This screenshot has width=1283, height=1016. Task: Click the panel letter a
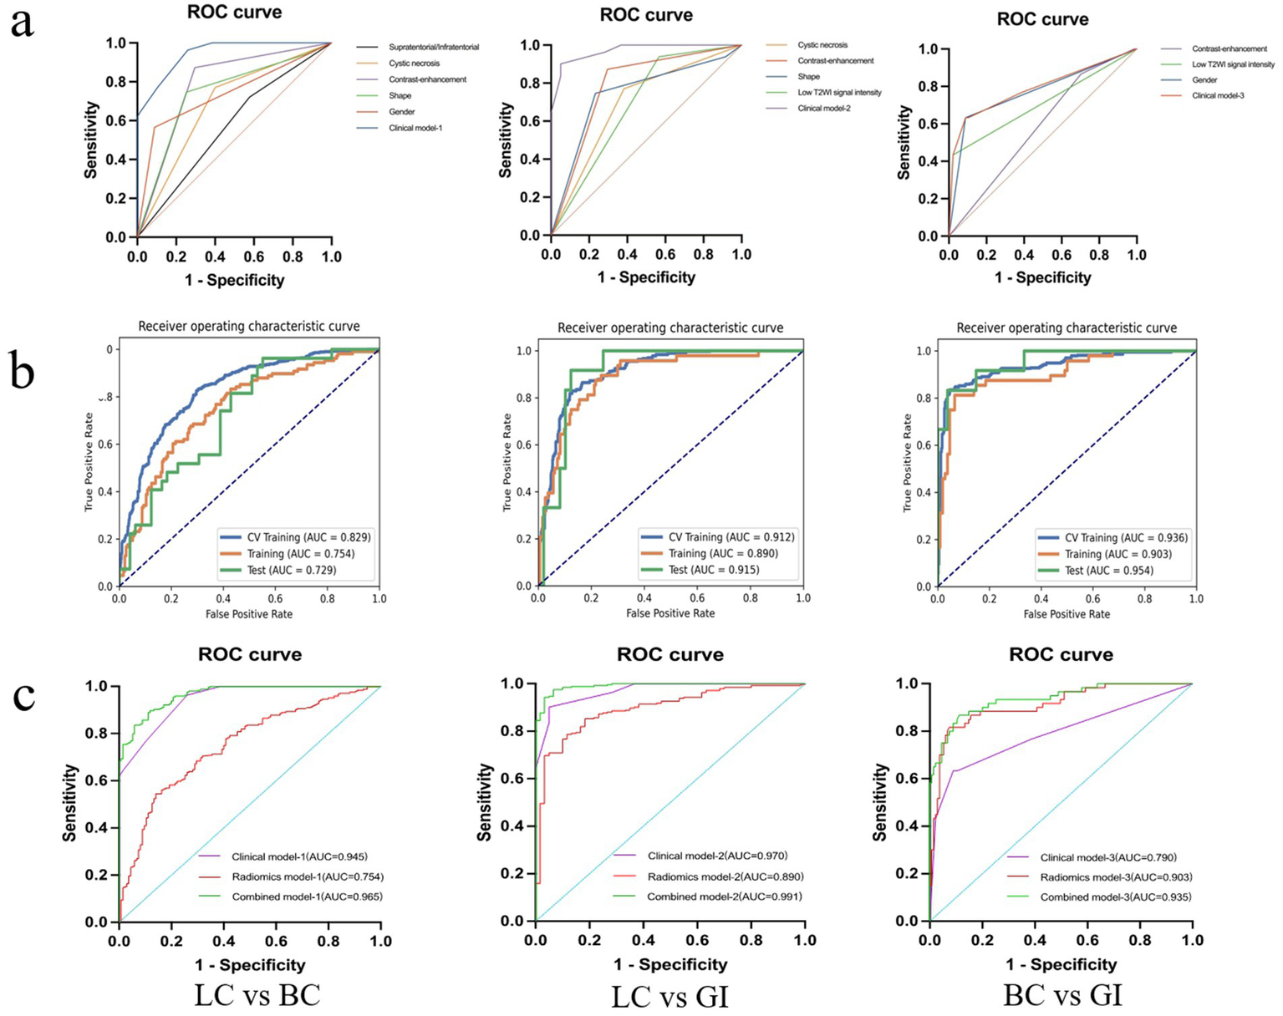pyautogui.click(x=22, y=22)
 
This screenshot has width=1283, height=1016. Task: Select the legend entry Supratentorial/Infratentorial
pyautogui.click(x=433, y=48)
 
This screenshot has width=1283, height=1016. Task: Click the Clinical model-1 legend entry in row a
pyautogui.click(x=415, y=128)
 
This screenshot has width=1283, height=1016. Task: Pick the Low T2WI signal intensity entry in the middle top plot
pyautogui.click(x=839, y=93)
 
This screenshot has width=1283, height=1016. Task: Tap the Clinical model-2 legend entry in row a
pyautogui.click(x=823, y=109)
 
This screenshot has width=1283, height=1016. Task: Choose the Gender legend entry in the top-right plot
pyautogui.click(x=1204, y=80)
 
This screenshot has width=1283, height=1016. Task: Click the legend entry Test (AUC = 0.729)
pyautogui.click(x=290, y=570)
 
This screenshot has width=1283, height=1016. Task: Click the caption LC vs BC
pyautogui.click(x=257, y=996)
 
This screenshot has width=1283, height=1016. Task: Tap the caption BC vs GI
pyautogui.click(x=1062, y=996)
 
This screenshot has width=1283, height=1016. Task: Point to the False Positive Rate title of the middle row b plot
pyautogui.click(x=670, y=613)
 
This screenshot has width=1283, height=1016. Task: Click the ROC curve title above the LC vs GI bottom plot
pyautogui.click(x=670, y=654)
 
